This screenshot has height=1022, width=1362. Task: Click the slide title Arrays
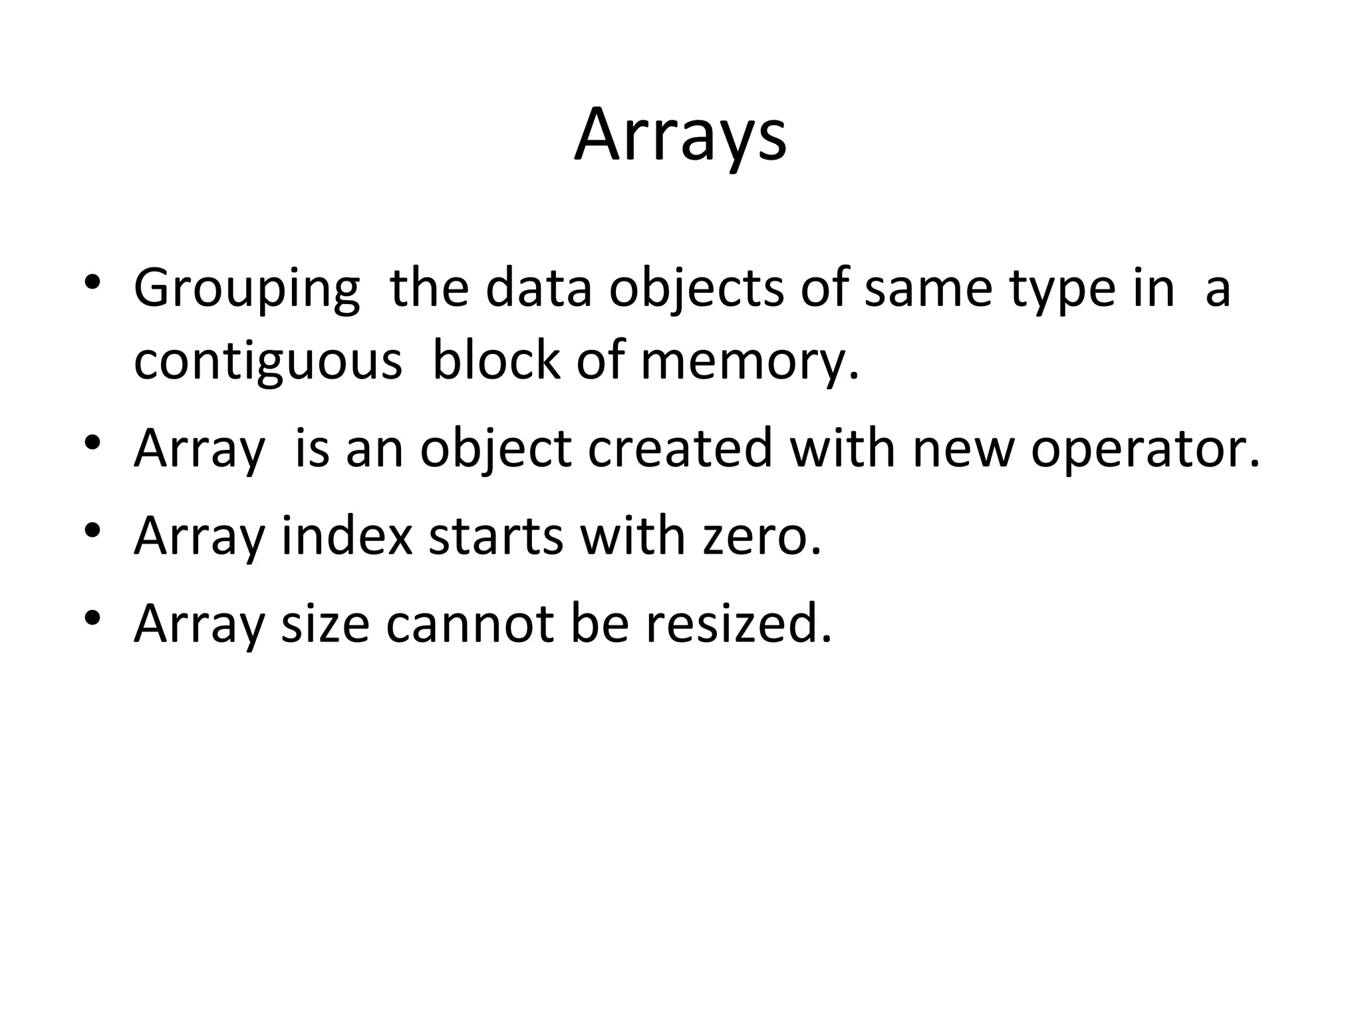click(x=680, y=136)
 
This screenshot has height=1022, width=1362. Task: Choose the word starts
click(x=495, y=537)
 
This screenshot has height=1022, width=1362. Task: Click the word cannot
click(x=470, y=624)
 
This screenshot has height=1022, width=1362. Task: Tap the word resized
click(x=738, y=623)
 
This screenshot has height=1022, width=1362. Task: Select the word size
click(x=325, y=624)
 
